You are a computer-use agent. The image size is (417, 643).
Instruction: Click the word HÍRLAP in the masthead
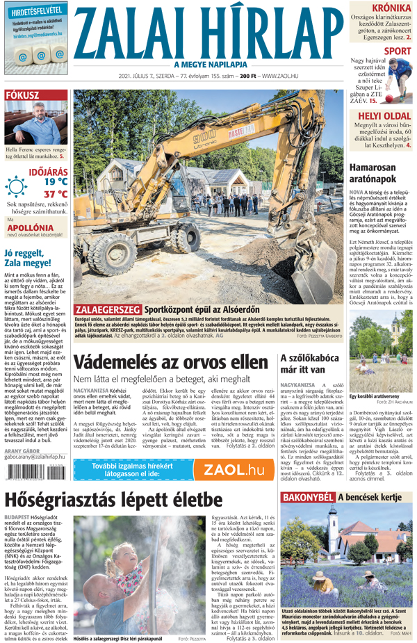pyautogui.click(x=268, y=33)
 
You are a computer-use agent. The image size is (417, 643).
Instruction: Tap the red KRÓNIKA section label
pyautogui.click(x=390, y=8)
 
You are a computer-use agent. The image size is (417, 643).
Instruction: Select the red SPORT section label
pyautogui.click(x=397, y=51)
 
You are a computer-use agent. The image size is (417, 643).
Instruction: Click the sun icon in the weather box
pyautogui.click(x=16, y=187)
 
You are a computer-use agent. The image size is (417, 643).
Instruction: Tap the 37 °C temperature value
pyautogui.click(x=56, y=194)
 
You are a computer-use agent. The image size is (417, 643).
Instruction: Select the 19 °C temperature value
pyautogui.click(x=56, y=181)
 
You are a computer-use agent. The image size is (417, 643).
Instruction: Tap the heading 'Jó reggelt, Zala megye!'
pyautogui.click(x=32, y=258)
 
